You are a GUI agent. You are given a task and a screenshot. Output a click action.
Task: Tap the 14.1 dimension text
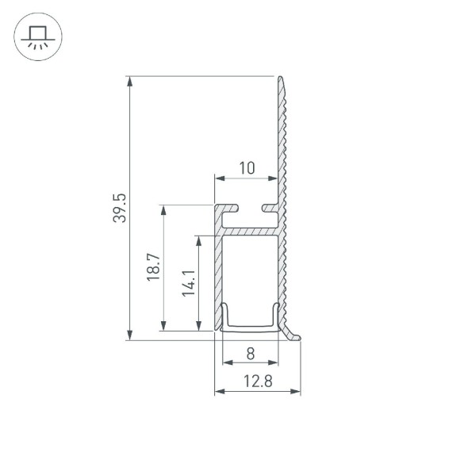(188, 282)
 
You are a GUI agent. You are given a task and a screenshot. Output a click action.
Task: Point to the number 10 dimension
(246, 167)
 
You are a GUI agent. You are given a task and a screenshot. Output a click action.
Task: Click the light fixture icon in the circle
(36, 37)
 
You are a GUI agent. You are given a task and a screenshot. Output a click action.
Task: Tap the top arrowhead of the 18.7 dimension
(164, 210)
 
